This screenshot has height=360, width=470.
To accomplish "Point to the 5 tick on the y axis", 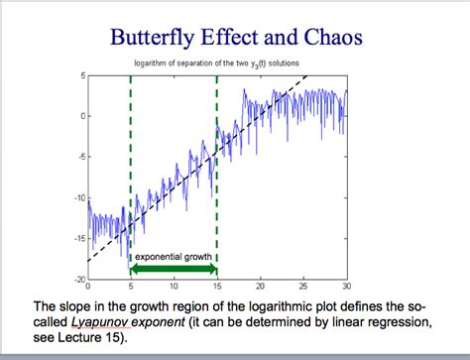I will tap(82, 74).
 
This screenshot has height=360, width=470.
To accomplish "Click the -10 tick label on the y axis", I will tap(78, 197).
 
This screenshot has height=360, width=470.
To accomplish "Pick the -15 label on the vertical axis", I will tap(78, 238).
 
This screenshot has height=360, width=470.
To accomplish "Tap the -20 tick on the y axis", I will tap(78, 279).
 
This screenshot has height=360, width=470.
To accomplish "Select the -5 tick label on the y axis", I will tap(79, 157).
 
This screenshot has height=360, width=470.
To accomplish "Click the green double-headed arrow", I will tap(174, 269).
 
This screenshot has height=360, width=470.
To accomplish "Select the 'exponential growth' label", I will tap(174, 257).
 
